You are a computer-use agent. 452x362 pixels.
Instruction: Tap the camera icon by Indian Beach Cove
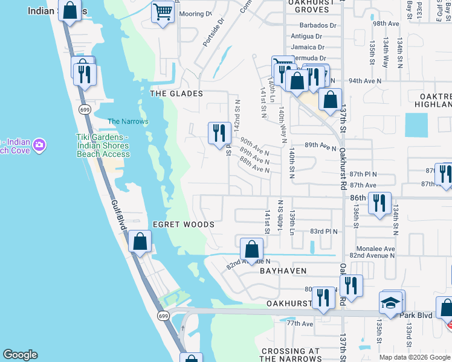coord(40,145)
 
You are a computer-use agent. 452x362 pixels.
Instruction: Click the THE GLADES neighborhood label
coord(176,94)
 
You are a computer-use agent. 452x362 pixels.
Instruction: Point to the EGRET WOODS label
coord(183,224)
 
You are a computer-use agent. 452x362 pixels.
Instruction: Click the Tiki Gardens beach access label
coord(103,145)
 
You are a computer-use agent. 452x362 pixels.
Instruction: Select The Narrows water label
coord(128,121)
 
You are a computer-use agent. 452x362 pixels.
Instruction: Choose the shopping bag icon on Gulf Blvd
coord(140,242)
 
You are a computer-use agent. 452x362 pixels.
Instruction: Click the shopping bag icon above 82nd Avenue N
coord(251,248)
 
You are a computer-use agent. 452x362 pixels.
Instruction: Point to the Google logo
coord(20,355)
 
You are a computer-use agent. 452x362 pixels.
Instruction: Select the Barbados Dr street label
coord(318,25)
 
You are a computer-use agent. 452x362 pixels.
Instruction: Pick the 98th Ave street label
coord(387,23)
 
